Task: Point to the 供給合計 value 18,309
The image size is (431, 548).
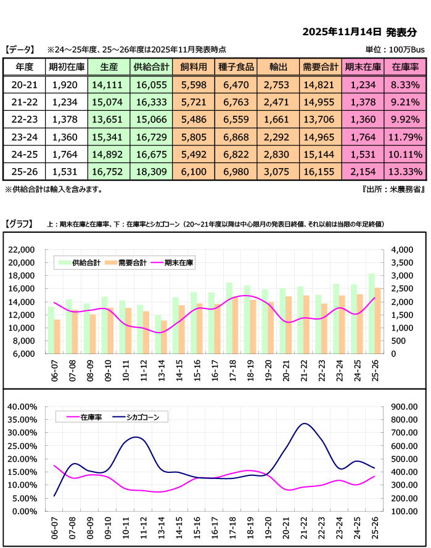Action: (150, 171)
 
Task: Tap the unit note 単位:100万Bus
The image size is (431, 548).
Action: (395, 49)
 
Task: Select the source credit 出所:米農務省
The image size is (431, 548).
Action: (395, 190)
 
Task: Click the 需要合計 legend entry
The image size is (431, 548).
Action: (129, 263)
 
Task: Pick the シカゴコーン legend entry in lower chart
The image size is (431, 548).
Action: (139, 417)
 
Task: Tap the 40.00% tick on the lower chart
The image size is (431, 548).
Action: (23, 406)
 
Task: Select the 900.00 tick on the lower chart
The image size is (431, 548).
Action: (402, 406)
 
